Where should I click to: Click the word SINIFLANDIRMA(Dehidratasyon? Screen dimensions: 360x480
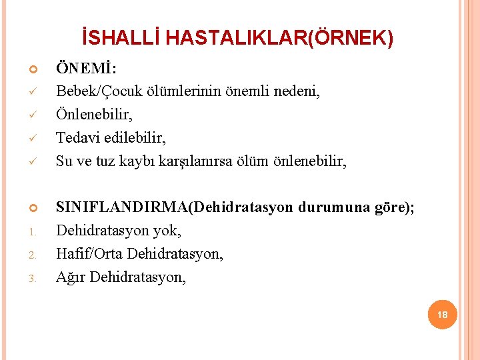(x=174, y=207)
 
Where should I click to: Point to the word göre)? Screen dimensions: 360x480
(x=394, y=207)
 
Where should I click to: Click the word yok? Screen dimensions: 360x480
(x=166, y=231)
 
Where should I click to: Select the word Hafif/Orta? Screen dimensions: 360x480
(x=89, y=254)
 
